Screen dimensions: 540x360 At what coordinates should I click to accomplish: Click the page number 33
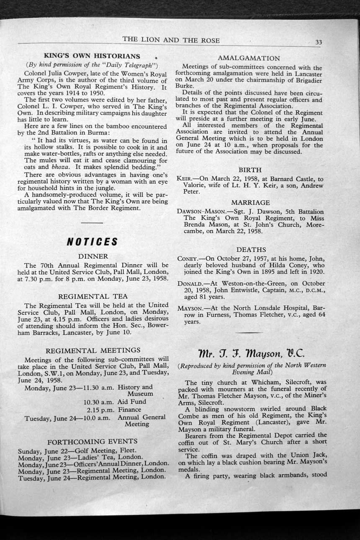[x=319, y=42]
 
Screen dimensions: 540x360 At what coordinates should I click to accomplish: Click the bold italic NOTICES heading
[x=93, y=242]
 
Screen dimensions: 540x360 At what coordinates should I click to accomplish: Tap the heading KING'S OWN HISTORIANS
[x=92, y=56]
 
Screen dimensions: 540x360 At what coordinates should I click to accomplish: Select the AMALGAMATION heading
[x=249, y=58]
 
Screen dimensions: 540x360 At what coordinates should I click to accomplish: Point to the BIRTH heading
[x=250, y=170]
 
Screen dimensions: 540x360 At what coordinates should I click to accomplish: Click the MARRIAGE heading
[x=250, y=203]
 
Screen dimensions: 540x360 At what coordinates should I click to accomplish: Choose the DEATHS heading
[x=251, y=250]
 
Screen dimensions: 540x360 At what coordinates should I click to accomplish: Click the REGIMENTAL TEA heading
[x=93, y=296]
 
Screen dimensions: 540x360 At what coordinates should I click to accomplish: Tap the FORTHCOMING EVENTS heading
[x=93, y=441]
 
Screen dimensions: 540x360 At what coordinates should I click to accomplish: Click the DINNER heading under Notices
[x=93, y=256]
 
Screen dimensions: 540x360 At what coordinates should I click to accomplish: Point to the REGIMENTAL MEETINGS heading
[x=93, y=350]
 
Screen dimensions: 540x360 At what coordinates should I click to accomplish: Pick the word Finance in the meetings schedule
[x=129, y=409]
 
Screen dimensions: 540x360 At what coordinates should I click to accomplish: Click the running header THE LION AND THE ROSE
[x=171, y=40]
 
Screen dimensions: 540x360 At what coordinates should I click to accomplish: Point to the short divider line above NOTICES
[x=93, y=222]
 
